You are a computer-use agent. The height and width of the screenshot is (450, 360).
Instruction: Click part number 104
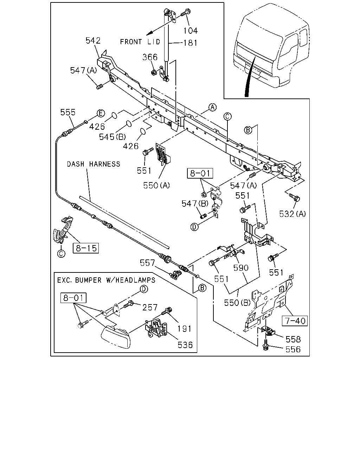coord(190,31)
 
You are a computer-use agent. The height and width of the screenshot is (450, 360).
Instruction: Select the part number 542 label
coord(93,40)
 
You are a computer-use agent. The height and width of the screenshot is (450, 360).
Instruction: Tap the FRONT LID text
coord(140,42)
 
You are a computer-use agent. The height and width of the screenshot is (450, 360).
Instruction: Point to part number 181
coord(190,43)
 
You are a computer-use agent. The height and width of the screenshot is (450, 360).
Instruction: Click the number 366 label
coord(150,57)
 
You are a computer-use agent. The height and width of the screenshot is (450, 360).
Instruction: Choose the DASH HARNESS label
coord(94,164)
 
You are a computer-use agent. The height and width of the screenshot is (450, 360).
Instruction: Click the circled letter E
coord(101,114)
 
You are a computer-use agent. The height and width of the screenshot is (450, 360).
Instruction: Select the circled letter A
coord(213,107)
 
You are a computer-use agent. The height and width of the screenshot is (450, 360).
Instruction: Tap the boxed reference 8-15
coord(86,248)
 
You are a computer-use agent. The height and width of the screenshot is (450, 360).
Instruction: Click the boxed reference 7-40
coord(295,321)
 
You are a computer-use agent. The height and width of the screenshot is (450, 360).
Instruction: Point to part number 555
coord(68,112)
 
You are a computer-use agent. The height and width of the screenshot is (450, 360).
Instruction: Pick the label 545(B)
coord(112,137)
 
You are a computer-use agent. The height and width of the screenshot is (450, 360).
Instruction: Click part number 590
coord(241,268)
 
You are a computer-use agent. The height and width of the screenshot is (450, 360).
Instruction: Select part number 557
coord(147,263)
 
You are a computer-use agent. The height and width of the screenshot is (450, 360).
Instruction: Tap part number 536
coord(185,345)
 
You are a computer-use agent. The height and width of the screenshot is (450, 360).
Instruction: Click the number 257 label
coord(150,307)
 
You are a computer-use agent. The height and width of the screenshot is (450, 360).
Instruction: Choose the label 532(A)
coord(292,214)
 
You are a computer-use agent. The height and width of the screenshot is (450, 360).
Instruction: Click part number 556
coord(293,349)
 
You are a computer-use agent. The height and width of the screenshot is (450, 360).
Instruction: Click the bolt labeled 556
coord(266,345)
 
